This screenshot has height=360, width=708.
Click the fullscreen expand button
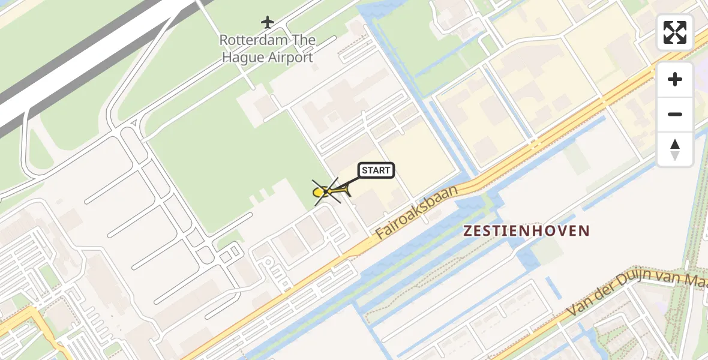point(675,32)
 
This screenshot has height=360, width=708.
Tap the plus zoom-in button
point(675,79)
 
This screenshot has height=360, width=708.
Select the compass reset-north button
point(675,149)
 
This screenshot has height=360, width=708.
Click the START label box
point(376,170)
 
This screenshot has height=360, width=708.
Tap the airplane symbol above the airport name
point(268,23)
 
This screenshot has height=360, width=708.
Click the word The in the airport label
point(303,40)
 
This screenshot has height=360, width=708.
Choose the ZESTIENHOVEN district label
point(526,230)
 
